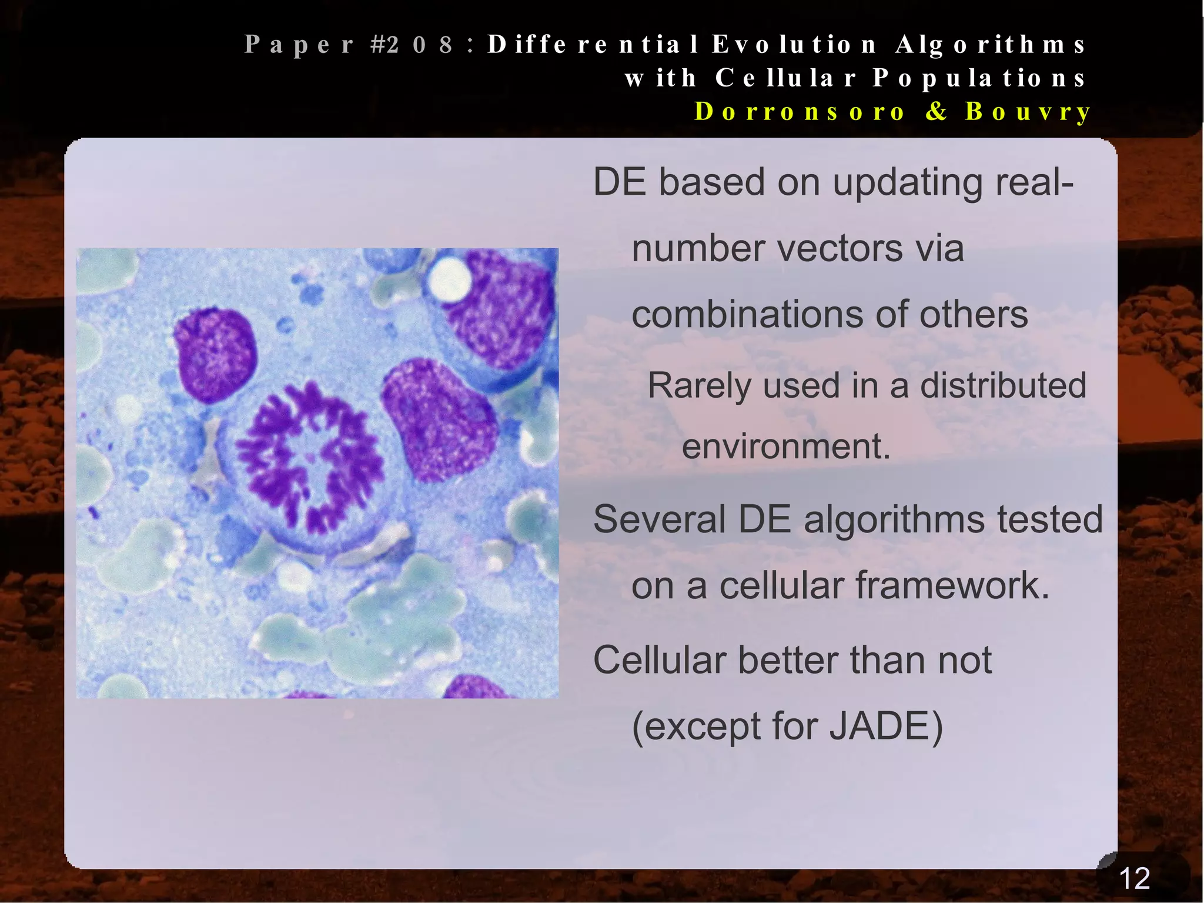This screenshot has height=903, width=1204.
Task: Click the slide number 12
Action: pyautogui.click(x=1134, y=878)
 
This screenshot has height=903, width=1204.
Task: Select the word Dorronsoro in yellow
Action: pyautogui.click(x=800, y=112)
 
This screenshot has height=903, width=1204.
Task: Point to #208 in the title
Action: pyautogui.click(x=412, y=45)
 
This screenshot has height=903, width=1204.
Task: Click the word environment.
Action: pyautogui.click(x=786, y=446)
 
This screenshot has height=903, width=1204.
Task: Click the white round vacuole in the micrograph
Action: pyautogui.click(x=449, y=280)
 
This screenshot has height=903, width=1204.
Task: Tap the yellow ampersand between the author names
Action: pyautogui.click(x=936, y=112)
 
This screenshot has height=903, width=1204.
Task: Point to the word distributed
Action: pyautogui.click(x=1003, y=386)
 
